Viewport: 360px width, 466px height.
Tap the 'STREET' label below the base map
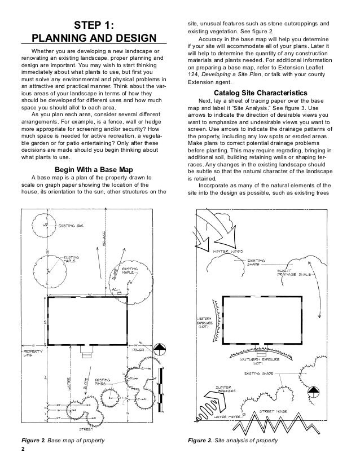pos(86,429)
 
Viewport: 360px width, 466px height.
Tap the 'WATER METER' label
pos(232,416)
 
